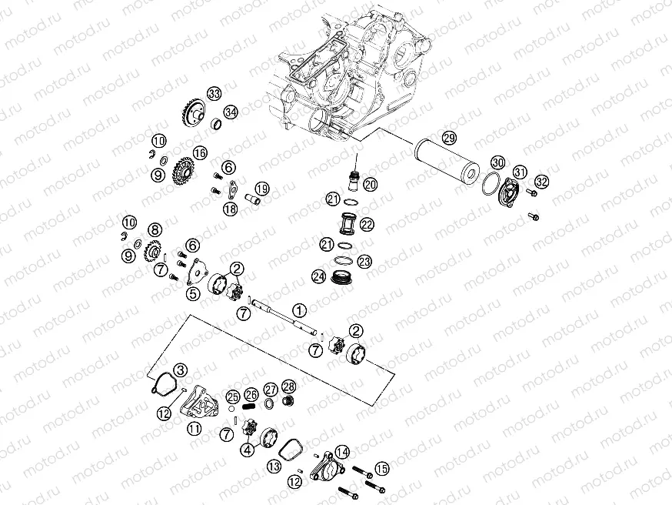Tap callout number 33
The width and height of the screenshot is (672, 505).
pos(214,94)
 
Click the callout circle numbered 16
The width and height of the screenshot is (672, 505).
pos(200,153)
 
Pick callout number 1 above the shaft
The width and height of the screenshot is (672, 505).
pos(299,309)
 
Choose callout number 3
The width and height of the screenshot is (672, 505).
pos(180,370)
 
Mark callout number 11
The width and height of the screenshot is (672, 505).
pos(195,427)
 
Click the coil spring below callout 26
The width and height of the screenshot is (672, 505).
pos(250,406)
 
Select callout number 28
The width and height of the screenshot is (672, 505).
pos(288,386)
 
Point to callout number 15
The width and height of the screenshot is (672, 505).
pos(382,467)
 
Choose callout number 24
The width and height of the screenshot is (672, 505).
pos(318,276)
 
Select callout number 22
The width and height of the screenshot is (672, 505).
pos(367,224)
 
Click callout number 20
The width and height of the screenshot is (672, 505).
pos(370,184)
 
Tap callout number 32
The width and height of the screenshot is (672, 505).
pos(542,182)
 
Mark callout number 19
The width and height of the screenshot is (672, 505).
pos(262,188)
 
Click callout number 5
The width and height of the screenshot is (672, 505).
pos(192,293)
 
